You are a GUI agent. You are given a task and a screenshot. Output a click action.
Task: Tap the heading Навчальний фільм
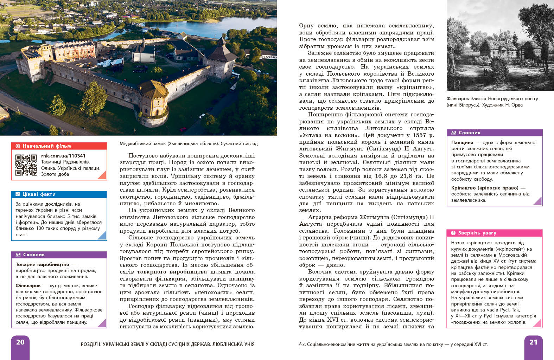pyautogui.click(x=47, y=146)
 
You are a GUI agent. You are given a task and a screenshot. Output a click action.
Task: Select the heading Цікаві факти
pyautogui.click(x=39, y=194)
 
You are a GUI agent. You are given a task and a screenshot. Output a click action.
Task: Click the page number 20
pyautogui.click(x=20, y=342)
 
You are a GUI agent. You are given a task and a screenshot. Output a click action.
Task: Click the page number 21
pyautogui.click(x=533, y=342)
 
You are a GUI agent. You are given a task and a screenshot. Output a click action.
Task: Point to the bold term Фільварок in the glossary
pyautogui.click(x=28, y=285)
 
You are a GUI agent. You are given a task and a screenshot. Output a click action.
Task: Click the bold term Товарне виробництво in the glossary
pyautogui.click(x=43, y=264)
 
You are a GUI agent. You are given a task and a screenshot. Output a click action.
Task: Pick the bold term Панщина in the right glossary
pyautogui.click(x=462, y=142)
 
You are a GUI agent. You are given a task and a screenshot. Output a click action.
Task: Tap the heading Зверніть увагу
pyautogui.click(x=477, y=233)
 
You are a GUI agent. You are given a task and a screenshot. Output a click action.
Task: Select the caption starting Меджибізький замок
pyautogui.click(x=189, y=143)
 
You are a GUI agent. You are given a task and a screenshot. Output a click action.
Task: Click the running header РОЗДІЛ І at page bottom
pyautogui.click(x=167, y=344)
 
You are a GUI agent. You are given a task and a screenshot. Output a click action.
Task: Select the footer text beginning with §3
pyautogui.click(x=393, y=344)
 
